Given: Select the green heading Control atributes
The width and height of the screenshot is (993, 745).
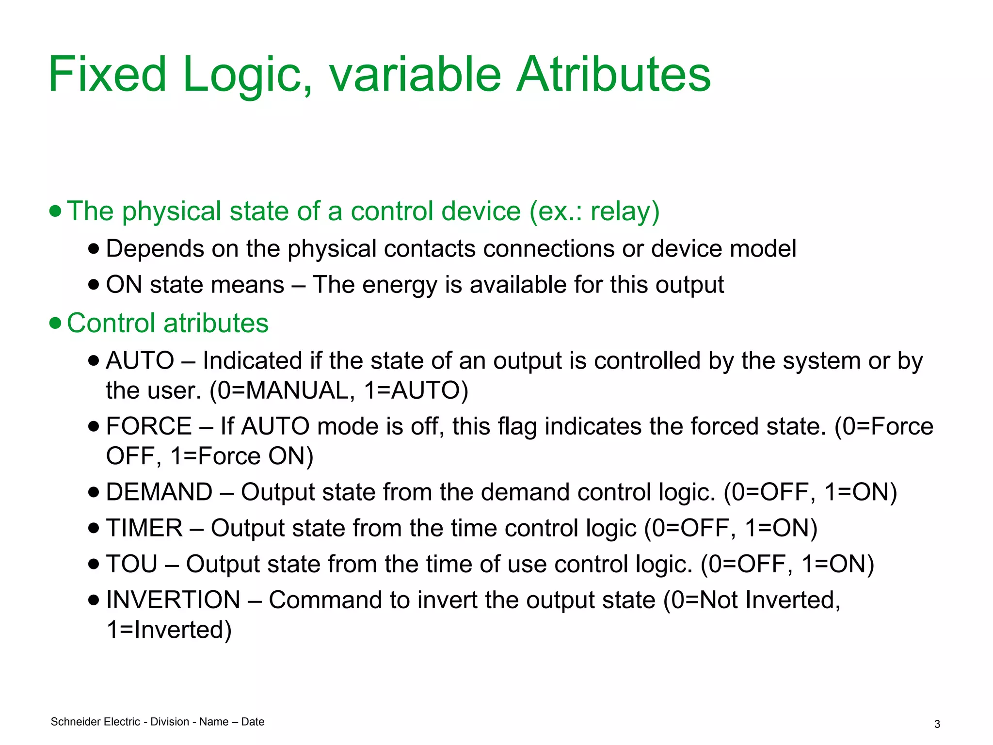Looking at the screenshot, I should pyautogui.click(x=167, y=323).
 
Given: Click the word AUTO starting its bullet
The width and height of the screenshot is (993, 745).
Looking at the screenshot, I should pyautogui.click(x=140, y=360).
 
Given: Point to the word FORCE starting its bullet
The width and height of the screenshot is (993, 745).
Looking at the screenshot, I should pyautogui.click(x=149, y=426).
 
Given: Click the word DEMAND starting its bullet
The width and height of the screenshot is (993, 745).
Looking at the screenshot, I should pyautogui.click(x=159, y=492).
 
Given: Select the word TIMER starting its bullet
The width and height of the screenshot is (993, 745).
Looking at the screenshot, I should pyautogui.click(x=144, y=528).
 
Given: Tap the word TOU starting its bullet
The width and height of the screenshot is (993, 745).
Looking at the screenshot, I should pyautogui.click(x=132, y=564).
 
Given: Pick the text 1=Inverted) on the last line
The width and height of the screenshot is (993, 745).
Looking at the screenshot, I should pyautogui.click(x=169, y=630).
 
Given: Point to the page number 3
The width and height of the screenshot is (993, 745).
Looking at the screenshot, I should pyautogui.click(x=937, y=724).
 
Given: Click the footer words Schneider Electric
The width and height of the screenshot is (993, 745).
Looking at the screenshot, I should pyautogui.click(x=96, y=722).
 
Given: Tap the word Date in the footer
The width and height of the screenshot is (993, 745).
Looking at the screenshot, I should pyautogui.click(x=253, y=722).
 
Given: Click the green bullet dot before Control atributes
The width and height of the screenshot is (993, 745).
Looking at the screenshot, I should pyautogui.click(x=56, y=323).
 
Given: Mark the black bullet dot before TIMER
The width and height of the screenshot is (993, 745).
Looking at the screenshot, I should pyautogui.click(x=94, y=528).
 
